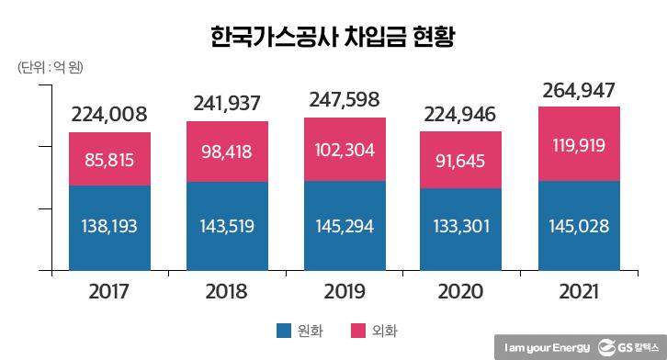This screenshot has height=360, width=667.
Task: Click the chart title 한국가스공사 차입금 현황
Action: click(x=333, y=39)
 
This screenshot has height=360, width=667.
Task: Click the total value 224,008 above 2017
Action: click(x=109, y=115)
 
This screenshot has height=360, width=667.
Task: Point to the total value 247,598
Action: click(x=345, y=101)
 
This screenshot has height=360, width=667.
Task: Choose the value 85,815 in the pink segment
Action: click(x=109, y=159)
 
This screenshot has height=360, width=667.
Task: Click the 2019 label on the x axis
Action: click(x=345, y=292)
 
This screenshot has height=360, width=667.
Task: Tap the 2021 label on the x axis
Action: click(x=578, y=292)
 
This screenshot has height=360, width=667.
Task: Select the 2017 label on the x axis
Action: click(x=109, y=292)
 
